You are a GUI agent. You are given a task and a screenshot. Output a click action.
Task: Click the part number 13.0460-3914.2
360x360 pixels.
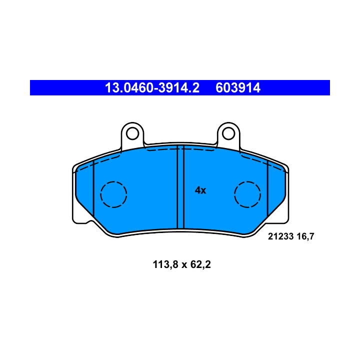(152, 87)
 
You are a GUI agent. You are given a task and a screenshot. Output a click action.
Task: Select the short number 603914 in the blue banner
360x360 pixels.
(238, 87)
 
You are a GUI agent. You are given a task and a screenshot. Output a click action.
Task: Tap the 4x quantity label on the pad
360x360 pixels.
(200, 190)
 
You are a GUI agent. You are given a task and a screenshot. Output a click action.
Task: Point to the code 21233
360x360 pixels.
(281, 236)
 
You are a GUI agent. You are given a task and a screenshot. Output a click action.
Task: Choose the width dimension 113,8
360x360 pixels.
(165, 264)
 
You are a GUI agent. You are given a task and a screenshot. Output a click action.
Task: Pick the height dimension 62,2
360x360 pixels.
(200, 264)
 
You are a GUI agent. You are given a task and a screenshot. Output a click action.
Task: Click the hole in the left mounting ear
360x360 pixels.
(132, 133)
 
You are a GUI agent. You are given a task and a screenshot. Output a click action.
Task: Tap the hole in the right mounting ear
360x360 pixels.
(228, 133)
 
